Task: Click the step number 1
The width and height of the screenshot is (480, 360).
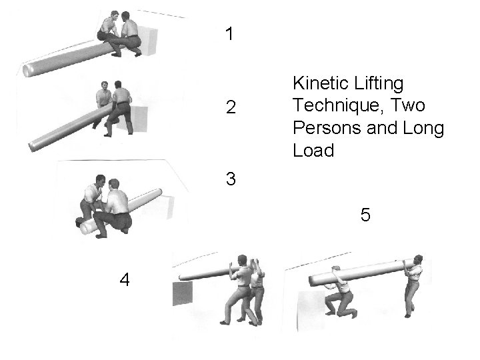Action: pos(229,34)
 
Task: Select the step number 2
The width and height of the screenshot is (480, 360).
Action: pos(231,107)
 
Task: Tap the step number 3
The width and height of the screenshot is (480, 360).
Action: pos(231,179)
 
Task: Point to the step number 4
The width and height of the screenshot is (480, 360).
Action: pos(125,279)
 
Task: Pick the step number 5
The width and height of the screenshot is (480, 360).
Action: pos(365,214)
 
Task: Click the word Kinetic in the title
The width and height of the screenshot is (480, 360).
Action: pos(320,83)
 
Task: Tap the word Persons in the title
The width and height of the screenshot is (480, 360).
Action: pos(327,127)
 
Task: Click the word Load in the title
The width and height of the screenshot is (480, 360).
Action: pos(313,150)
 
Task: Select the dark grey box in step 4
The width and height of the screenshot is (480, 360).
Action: pos(183,293)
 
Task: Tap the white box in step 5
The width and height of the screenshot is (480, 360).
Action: pos(311,311)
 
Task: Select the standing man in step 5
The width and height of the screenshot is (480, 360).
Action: pos(414,285)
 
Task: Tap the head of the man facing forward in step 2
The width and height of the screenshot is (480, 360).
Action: pos(105,86)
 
